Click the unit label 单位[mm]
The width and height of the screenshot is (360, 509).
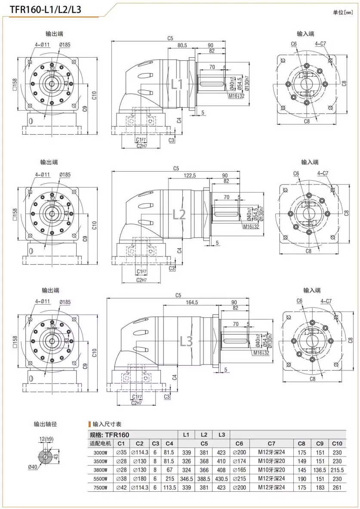click(x=343, y=12)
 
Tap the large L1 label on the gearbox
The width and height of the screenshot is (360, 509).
click(x=177, y=84)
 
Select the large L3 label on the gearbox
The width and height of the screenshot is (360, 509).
click(x=186, y=341)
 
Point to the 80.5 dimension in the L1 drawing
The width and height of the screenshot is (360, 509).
click(x=182, y=45)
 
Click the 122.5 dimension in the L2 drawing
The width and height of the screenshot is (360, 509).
click(x=189, y=176)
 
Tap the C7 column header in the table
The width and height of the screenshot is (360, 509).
click(x=271, y=443)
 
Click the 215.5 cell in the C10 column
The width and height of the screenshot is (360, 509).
click(x=337, y=469)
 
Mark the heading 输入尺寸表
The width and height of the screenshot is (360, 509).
click(x=107, y=424)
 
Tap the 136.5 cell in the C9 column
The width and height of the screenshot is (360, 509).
click(x=320, y=469)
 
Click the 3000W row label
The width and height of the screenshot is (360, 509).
click(x=100, y=452)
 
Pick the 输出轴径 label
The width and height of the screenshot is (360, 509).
click(x=45, y=424)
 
